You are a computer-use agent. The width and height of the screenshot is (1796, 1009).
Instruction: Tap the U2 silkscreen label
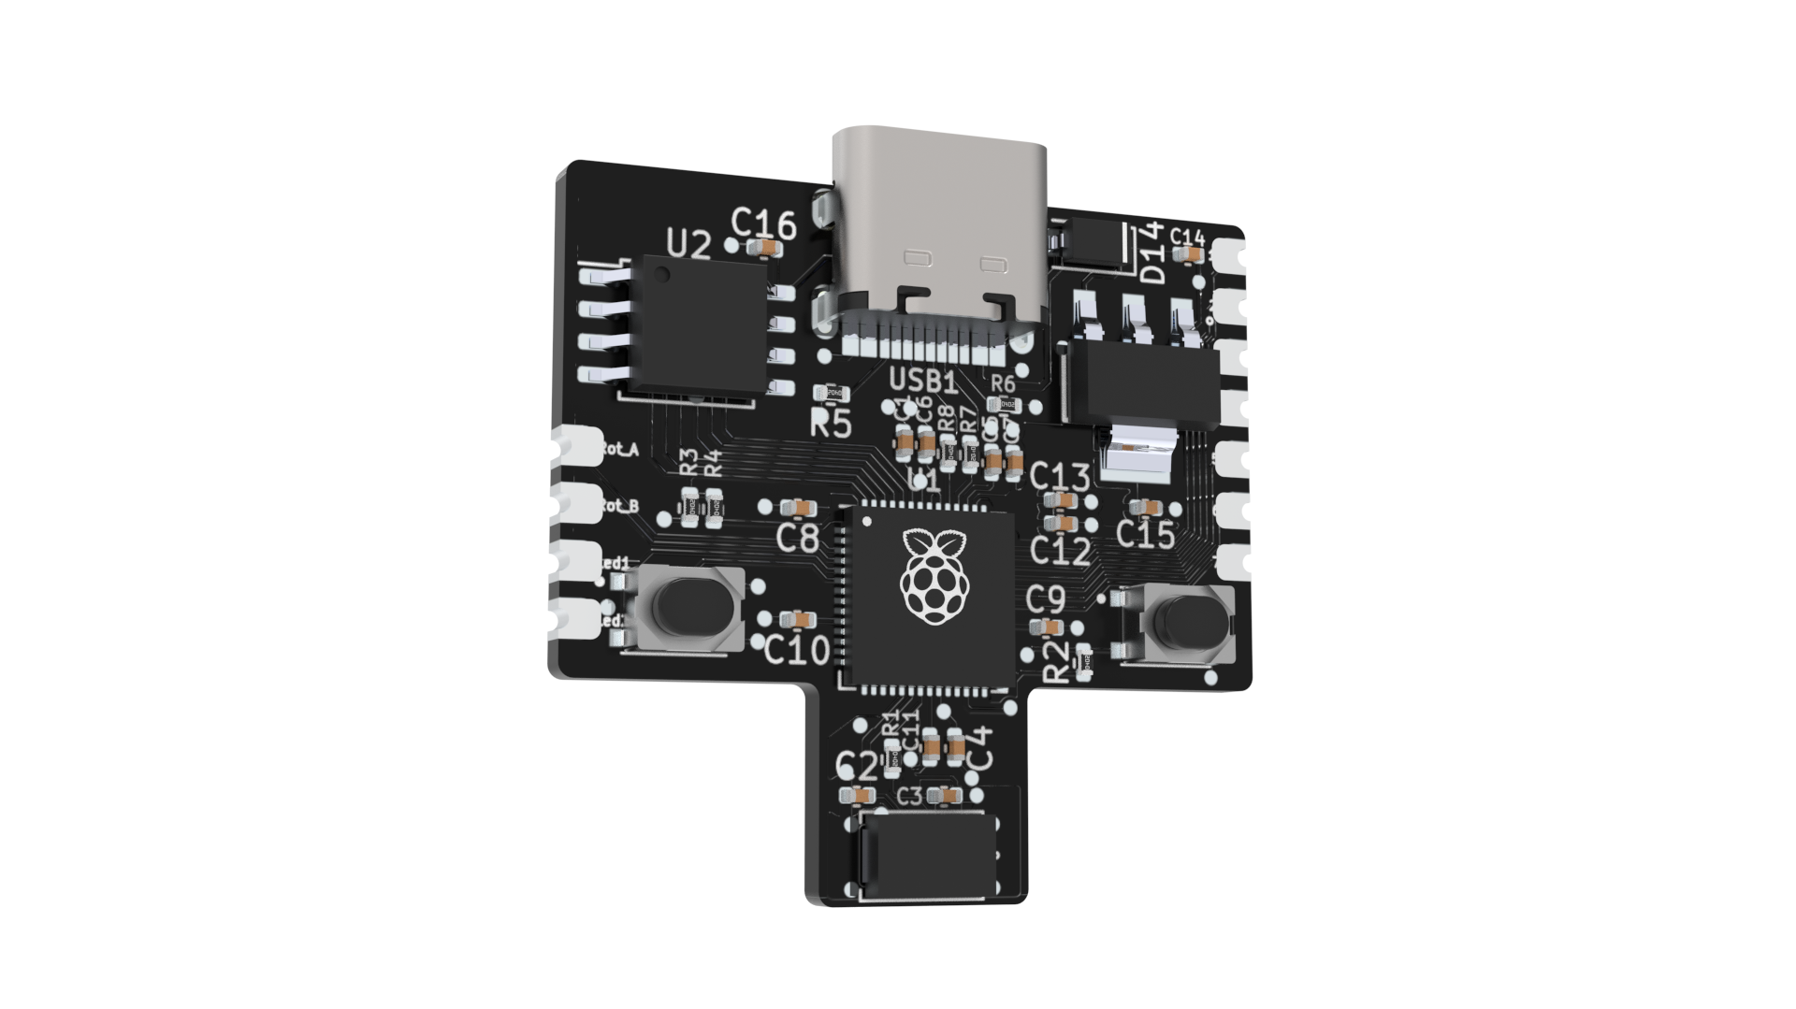[x=688, y=245]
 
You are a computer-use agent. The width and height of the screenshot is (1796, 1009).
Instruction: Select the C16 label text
[x=763, y=224]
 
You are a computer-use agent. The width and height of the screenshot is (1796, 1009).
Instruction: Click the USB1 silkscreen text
[x=922, y=382]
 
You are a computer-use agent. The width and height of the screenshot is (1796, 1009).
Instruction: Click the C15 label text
[x=1146, y=535]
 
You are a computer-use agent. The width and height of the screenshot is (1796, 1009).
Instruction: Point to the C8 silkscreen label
[x=798, y=539]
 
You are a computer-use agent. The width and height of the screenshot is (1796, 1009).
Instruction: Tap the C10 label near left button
[x=796, y=650]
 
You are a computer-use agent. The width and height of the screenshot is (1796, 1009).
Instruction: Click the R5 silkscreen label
[x=831, y=425]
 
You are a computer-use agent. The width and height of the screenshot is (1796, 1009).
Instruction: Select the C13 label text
[x=1059, y=478]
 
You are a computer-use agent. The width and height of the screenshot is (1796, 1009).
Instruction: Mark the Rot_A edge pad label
[x=618, y=451]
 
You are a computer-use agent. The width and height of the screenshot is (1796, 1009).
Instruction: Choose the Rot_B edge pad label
[x=618, y=507]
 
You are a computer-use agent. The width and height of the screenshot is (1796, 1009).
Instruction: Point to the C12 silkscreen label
[x=1060, y=552]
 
